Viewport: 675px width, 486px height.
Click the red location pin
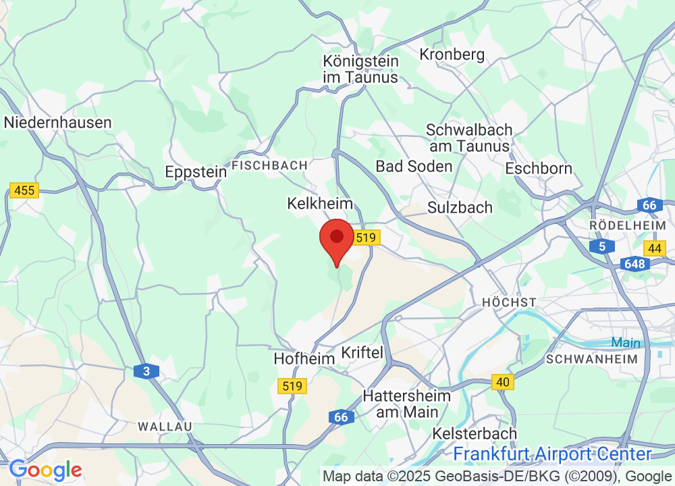pyautogui.click(x=336, y=240)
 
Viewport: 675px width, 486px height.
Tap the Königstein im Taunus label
pyautogui.click(x=360, y=69)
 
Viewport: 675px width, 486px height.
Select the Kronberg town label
pyautogui.click(x=452, y=54)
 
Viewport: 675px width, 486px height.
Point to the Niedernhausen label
pyautogui.click(x=58, y=122)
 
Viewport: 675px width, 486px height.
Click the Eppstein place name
pyautogui.click(x=196, y=172)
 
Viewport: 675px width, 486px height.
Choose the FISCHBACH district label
pyautogui.click(x=269, y=165)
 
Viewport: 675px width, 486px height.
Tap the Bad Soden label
pyautogui.click(x=414, y=166)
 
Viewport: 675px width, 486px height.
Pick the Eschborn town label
pyautogui.click(x=539, y=168)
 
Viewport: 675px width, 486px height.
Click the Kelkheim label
pyautogui.click(x=320, y=203)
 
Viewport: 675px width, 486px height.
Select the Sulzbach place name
pyautogui.click(x=460, y=207)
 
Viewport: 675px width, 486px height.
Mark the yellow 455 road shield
pyautogui.click(x=24, y=190)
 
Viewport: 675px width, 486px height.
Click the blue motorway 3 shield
pyautogui.click(x=146, y=371)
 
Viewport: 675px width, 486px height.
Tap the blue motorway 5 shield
pyautogui.click(x=602, y=246)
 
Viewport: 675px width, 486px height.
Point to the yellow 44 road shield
pyautogui.click(x=654, y=248)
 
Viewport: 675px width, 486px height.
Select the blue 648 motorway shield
pyautogui.click(x=635, y=264)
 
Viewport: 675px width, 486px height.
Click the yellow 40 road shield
pyautogui.click(x=503, y=382)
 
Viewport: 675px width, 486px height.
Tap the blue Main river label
pyautogui.click(x=626, y=343)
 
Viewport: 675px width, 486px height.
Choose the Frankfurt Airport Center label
pyautogui.click(x=552, y=454)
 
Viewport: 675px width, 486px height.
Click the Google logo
pyautogui.click(x=45, y=470)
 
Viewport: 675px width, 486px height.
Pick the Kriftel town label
pyautogui.click(x=362, y=352)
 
